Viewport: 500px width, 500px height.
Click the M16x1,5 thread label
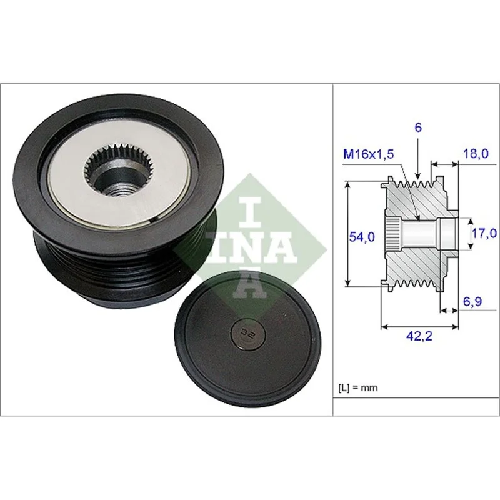pos(368,154)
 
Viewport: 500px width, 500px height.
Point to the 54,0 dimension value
pos(362,237)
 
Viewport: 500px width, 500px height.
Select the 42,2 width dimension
pos(419,336)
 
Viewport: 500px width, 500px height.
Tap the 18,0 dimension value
pos(476,154)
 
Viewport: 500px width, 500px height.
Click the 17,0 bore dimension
pos(484,233)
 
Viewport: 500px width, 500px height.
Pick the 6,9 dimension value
pos(472,302)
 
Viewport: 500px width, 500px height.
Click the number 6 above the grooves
pos(417,127)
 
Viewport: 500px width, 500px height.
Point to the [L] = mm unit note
pos(357,387)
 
